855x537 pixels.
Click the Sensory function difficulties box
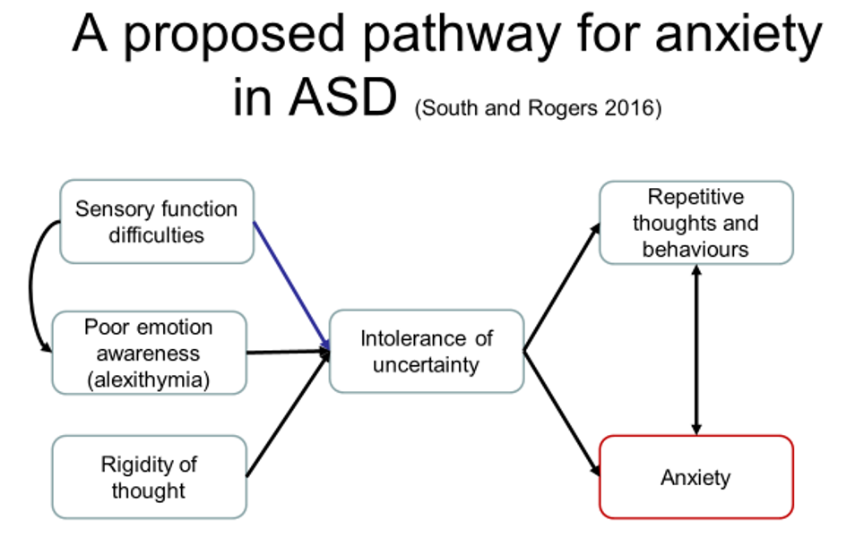click(x=157, y=222)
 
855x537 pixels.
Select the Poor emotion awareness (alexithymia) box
click(x=149, y=353)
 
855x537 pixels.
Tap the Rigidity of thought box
click(x=149, y=477)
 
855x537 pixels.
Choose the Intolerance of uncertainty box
click(x=427, y=351)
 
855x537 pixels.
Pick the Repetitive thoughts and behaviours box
click(x=696, y=223)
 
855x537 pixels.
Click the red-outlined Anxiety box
click(x=696, y=477)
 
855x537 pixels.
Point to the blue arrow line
click(x=292, y=286)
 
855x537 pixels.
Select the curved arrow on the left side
click(x=30, y=286)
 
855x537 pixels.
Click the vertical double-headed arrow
click(x=696, y=350)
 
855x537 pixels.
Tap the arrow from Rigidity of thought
click(x=288, y=413)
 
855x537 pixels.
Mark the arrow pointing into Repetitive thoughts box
click(x=562, y=287)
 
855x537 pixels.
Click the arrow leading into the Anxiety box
click(x=562, y=413)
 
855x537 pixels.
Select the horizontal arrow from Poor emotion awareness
click(x=288, y=353)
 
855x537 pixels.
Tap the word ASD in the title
click(x=342, y=98)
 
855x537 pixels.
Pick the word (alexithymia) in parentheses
click(x=148, y=379)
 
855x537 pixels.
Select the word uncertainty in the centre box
click(x=426, y=365)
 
